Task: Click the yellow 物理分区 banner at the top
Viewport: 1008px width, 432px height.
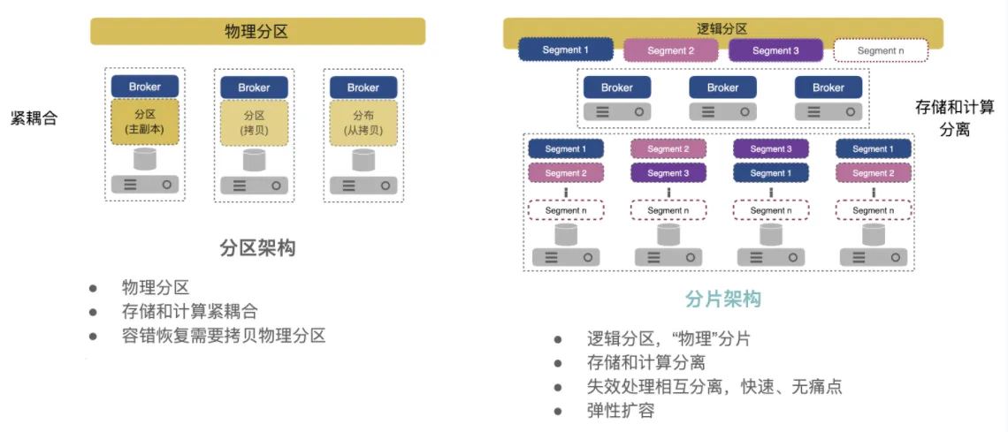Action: coord(257,33)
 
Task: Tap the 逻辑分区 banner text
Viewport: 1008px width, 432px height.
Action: coord(722,28)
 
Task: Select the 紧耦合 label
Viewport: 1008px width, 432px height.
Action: coord(34,118)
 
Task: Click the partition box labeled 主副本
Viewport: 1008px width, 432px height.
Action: coord(145,123)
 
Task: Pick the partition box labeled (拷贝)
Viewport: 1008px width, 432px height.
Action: coord(254,123)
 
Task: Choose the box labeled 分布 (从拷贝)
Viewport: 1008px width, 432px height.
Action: coord(363,123)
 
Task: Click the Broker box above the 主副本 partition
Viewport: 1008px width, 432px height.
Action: coord(145,87)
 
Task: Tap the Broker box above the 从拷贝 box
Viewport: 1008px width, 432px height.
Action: coord(363,87)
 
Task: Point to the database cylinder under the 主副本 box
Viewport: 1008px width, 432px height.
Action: coord(145,160)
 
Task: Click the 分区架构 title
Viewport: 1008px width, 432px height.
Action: coord(257,248)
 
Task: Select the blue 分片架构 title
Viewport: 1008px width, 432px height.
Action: coord(722,299)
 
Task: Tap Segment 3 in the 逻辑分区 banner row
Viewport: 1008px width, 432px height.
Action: coord(775,50)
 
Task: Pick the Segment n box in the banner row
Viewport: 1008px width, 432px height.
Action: coord(881,50)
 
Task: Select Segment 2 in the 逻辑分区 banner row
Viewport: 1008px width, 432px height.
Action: coord(670,50)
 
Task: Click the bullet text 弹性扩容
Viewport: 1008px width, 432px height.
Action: coord(620,411)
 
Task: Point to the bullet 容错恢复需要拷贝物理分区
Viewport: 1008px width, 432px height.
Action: coord(224,336)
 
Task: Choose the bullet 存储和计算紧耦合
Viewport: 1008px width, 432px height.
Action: coord(189,312)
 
